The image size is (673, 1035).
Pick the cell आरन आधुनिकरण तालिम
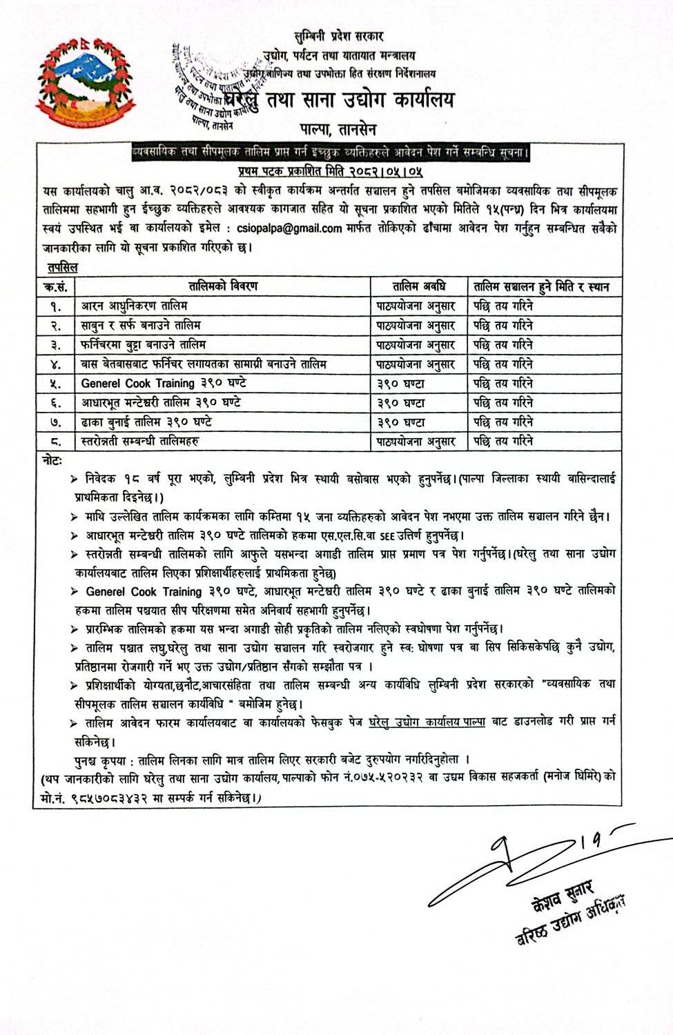134,305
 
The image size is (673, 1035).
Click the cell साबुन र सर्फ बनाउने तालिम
141,324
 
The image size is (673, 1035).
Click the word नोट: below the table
50,459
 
